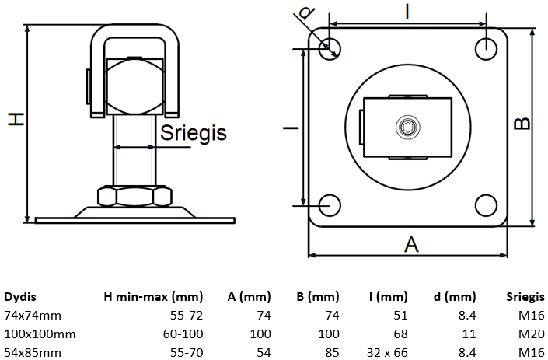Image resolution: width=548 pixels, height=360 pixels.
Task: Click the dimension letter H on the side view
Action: (x=16, y=119)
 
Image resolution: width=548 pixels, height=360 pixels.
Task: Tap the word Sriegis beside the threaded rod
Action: (x=194, y=133)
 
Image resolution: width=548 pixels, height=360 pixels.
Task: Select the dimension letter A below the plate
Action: (x=411, y=244)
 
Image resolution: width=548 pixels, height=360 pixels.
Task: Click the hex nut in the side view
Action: (x=135, y=196)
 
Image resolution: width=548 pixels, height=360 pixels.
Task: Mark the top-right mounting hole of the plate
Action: (x=486, y=49)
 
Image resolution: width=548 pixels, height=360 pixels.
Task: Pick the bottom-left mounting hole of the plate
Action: (x=330, y=205)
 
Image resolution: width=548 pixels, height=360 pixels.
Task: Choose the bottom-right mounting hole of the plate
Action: (x=486, y=205)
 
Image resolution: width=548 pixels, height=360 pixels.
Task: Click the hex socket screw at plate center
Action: (x=408, y=128)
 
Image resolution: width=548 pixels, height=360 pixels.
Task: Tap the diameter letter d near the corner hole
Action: (x=306, y=12)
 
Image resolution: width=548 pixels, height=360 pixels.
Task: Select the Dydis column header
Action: (x=20, y=297)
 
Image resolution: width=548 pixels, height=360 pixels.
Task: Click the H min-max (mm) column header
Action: (x=153, y=297)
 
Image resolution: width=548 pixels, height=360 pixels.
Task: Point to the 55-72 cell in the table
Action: (x=187, y=316)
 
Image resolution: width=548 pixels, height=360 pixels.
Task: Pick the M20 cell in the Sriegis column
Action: (x=531, y=334)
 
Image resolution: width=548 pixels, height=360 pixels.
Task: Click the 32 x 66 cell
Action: (x=387, y=353)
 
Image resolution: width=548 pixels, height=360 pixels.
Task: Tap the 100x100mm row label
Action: (x=40, y=334)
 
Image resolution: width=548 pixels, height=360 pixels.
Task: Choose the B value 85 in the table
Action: (x=332, y=353)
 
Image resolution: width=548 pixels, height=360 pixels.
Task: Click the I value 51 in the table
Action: (x=400, y=316)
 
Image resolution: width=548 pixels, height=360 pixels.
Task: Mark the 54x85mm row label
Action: (x=33, y=353)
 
